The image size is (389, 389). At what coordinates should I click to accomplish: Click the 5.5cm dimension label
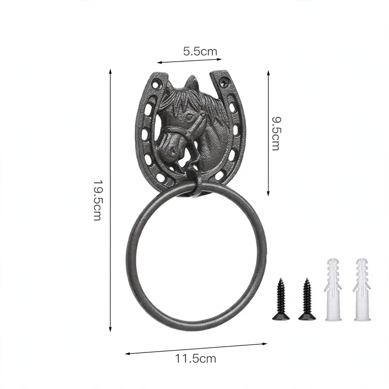200,52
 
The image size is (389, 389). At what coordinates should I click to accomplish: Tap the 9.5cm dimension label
276,133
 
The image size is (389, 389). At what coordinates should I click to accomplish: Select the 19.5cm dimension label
97,200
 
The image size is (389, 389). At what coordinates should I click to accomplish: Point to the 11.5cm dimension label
196,358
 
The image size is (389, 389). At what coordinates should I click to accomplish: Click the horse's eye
189,116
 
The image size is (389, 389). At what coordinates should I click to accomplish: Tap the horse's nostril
172,150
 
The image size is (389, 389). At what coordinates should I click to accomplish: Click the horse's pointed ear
191,82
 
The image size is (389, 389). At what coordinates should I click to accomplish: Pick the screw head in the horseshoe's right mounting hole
225,82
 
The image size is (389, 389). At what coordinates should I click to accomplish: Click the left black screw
281,299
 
